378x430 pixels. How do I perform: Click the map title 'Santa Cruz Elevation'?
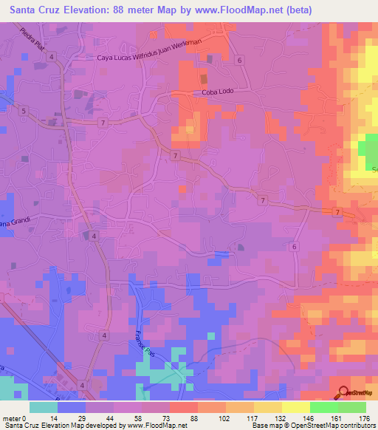click(74, 10)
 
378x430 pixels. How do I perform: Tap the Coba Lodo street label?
click(217, 92)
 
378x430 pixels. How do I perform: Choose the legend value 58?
click(140, 417)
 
